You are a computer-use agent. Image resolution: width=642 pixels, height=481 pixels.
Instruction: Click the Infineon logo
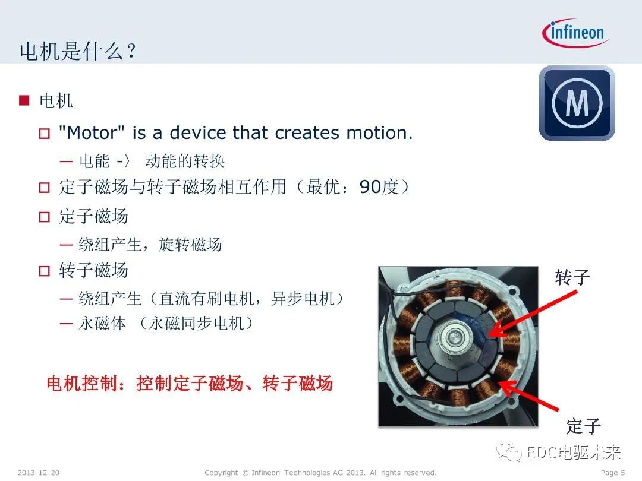[x=575, y=33]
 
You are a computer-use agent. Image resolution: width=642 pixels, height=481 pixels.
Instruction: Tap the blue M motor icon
[x=577, y=103]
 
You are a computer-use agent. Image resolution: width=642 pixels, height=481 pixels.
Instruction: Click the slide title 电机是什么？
[x=78, y=51]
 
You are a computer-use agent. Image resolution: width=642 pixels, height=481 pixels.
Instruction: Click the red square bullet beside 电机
[x=24, y=100]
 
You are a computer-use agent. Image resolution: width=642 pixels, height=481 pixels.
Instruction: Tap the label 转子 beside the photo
[x=573, y=277]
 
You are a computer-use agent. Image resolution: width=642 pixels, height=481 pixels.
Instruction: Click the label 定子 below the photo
[x=583, y=426]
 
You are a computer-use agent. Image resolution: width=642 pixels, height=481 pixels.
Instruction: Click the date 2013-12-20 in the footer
[x=39, y=473]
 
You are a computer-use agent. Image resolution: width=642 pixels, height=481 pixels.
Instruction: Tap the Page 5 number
[x=613, y=473]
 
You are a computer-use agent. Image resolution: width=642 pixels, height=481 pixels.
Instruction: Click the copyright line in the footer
[x=320, y=473]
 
